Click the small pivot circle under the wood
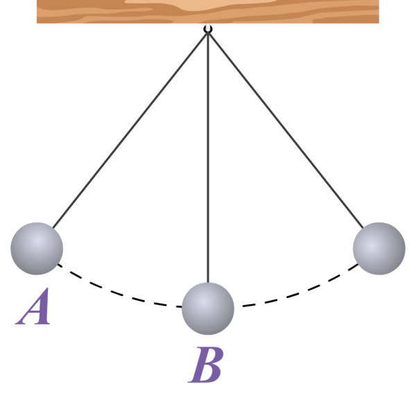click(208, 29)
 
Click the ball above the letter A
click(37, 249)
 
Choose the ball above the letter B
click(208, 308)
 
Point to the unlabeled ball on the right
click(379, 249)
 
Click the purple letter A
click(35, 308)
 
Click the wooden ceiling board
click(208, 11)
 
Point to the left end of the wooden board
click(40, 11)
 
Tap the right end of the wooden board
click(375, 11)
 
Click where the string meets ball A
click(53, 229)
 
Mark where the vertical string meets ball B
click(208, 283)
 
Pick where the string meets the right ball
click(363, 229)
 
